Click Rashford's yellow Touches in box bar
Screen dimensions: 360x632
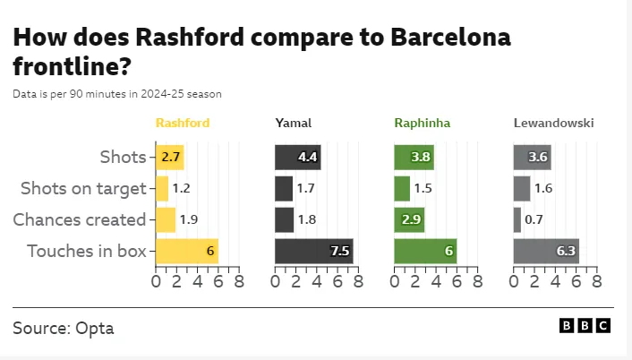click(186, 251)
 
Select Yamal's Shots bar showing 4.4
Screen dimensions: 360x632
click(297, 158)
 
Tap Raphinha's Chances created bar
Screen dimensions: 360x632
click(409, 219)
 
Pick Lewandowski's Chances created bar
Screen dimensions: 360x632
click(517, 219)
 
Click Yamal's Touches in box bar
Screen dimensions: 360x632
click(313, 251)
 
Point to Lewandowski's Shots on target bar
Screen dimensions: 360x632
click(522, 188)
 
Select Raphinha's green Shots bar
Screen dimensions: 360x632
click(414, 158)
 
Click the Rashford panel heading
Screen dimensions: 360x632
click(183, 123)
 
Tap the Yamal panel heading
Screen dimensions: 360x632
click(293, 123)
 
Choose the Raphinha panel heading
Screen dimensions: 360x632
click(422, 123)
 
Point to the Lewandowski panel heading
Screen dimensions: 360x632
click(553, 123)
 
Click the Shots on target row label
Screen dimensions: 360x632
click(82, 188)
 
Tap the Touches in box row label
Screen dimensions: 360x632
click(86, 251)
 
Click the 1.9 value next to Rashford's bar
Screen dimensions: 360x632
click(189, 219)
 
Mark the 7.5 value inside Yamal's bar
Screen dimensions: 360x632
click(340, 251)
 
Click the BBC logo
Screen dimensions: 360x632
click(585, 326)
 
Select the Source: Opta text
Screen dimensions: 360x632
click(64, 328)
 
